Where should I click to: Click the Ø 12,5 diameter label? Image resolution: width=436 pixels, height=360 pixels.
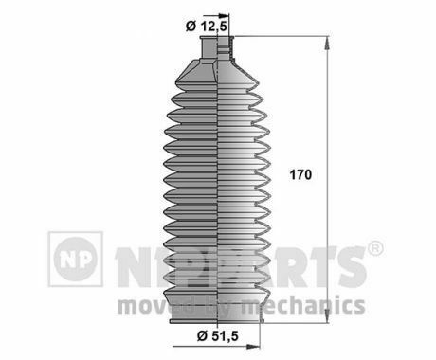tap(207, 27)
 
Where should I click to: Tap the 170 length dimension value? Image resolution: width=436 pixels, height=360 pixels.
tap(300, 174)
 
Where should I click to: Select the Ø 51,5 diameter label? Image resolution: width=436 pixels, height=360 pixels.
tap(217, 335)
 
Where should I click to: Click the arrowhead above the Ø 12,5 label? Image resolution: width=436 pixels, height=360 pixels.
tap(224, 15)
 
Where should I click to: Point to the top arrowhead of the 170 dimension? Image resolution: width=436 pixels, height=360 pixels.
tap(327, 44)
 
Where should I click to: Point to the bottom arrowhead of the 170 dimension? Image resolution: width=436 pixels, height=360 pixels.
tap(327, 315)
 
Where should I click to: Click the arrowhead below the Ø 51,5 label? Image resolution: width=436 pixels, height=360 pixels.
tap(253, 347)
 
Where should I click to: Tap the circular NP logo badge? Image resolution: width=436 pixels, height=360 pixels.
tap(75, 259)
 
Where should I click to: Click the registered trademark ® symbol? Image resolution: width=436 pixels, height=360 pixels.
tap(375, 248)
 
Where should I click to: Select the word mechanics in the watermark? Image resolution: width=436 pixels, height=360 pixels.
tap(303, 305)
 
